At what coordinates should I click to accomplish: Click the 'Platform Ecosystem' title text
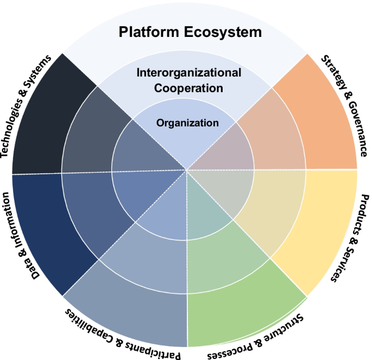191,32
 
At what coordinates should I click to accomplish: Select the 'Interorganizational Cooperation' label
188,80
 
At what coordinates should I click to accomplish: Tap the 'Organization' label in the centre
187,123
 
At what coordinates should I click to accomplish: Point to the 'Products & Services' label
351,239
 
